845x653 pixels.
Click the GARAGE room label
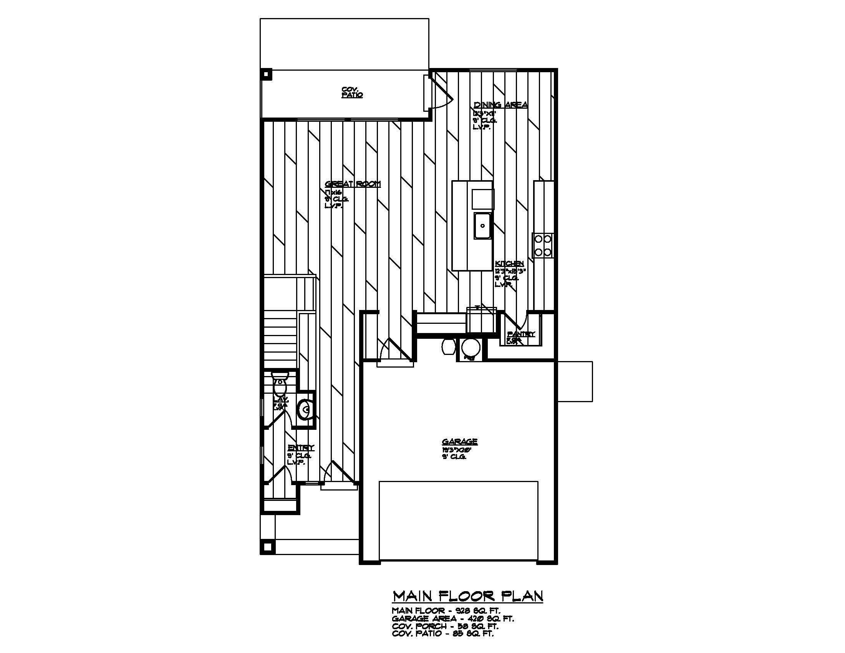[x=459, y=442]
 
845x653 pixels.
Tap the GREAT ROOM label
[x=353, y=184]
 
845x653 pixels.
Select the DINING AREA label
[x=500, y=105]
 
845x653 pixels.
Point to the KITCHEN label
[x=509, y=264]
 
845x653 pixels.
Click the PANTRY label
[x=521, y=334]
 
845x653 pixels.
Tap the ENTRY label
[x=301, y=447]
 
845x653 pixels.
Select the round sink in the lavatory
[x=305, y=410]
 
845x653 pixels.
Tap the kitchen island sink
[x=482, y=225]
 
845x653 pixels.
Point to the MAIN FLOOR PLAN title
[x=467, y=596]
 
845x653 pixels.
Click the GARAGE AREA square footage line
[x=453, y=619]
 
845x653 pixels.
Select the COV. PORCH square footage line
[x=445, y=626]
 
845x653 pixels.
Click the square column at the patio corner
[x=266, y=74]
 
